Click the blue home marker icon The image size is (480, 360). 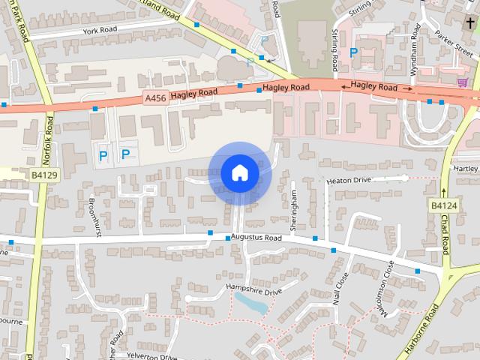239,172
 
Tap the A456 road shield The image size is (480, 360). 155,97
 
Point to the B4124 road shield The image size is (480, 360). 444,205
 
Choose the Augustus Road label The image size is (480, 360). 256,238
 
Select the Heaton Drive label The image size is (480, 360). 349,181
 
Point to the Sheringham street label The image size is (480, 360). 295,209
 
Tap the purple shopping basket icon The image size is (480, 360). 463,81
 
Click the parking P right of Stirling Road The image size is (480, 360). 352,52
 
